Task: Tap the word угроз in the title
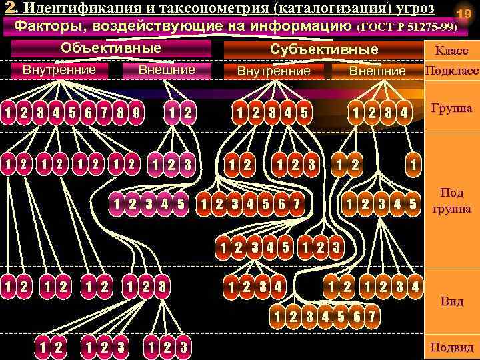(x=409, y=9)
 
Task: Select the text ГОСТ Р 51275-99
(x=407, y=27)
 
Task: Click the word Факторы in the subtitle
(x=51, y=26)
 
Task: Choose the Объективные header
(x=111, y=48)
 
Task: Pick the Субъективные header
(x=324, y=49)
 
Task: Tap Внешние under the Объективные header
(x=166, y=69)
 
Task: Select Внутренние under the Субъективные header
(x=273, y=71)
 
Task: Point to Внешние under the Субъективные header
(x=377, y=71)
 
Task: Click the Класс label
(x=451, y=51)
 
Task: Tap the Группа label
(x=451, y=108)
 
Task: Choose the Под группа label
(x=451, y=201)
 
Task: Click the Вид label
(x=451, y=301)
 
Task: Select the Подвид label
(x=451, y=347)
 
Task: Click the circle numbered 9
(x=135, y=112)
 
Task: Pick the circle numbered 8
(x=121, y=112)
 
